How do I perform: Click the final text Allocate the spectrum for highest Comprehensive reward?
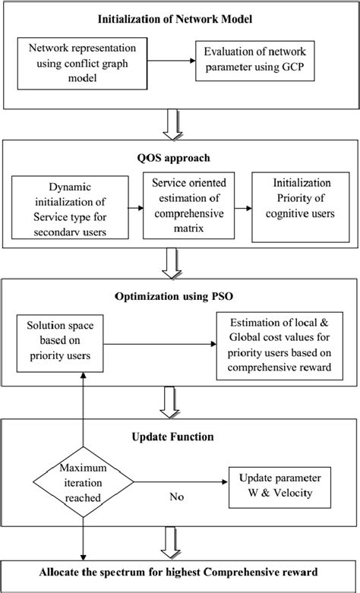pos(179,569)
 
